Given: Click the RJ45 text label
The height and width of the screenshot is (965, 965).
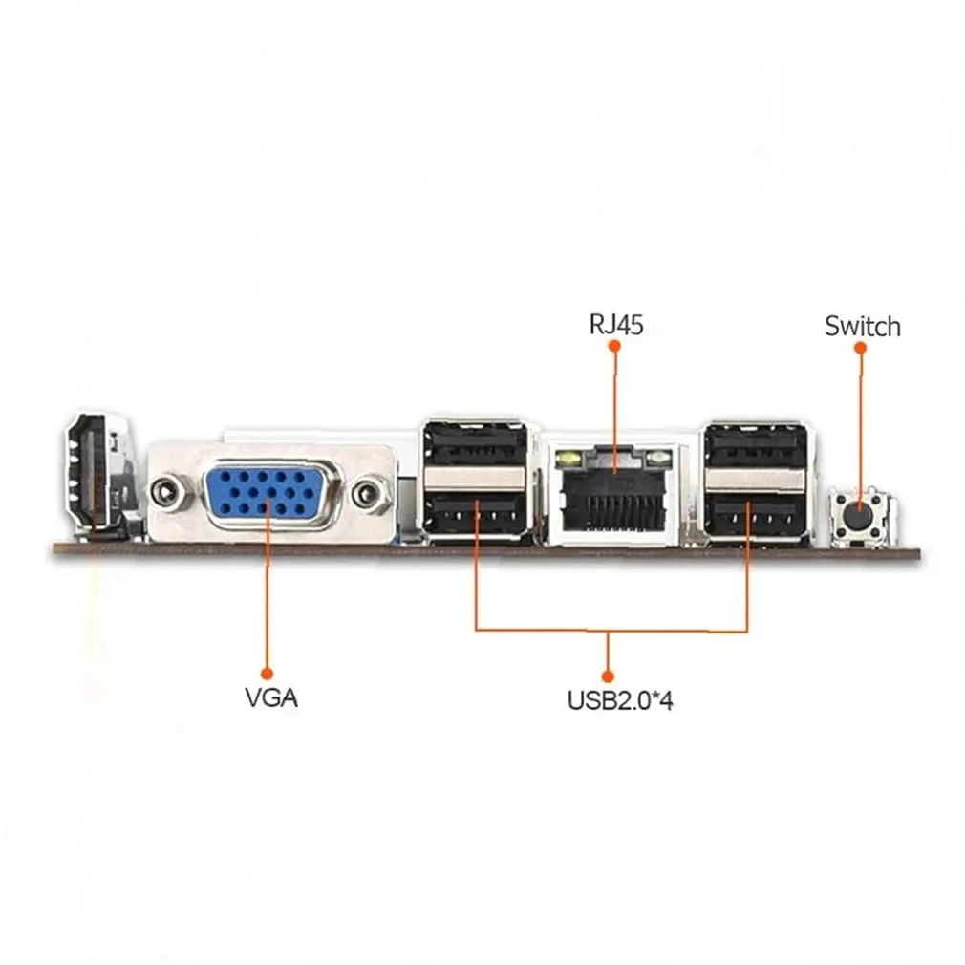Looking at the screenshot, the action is tap(616, 324).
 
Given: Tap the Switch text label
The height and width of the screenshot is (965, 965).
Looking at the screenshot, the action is tap(862, 326).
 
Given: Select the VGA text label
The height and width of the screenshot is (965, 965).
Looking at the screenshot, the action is tap(271, 697).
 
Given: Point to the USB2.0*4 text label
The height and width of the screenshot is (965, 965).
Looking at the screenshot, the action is tap(620, 700).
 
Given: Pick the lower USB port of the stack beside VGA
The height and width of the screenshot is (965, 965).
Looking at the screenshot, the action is tap(475, 514).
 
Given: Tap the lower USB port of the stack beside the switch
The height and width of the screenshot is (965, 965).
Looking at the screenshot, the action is tap(755, 514).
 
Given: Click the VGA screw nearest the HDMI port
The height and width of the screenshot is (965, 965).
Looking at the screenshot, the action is tap(165, 492).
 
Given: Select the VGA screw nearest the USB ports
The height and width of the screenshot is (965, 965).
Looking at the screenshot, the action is tap(368, 493).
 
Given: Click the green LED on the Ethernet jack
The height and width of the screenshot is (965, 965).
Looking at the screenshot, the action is tap(659, 458).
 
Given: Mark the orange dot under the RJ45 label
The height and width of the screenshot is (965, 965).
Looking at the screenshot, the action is tap(613, 346).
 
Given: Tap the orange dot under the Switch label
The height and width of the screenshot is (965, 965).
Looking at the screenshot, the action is tap(860, 348).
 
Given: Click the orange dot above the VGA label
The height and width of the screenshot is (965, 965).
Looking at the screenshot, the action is tap(267, 674).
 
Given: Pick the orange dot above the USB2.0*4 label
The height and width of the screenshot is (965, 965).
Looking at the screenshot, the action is tap(608, 676).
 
